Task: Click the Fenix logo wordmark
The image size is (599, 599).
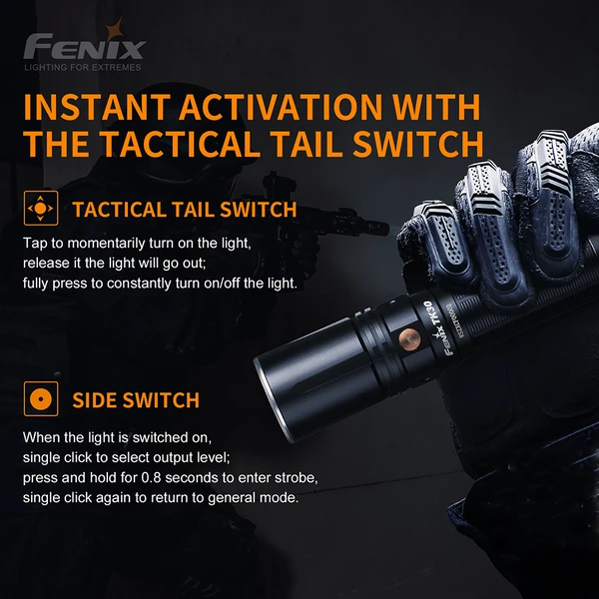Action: [x=85, y=47]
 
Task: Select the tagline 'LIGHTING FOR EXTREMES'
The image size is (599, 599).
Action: [x=83, y=68]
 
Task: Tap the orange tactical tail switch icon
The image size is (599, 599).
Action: [x=40, y=209]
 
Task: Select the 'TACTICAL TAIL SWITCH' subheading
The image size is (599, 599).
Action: [x=185, y=210]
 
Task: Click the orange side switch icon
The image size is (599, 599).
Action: [x=40, y=399]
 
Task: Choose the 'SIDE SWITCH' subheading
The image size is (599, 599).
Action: [x=136, y=400]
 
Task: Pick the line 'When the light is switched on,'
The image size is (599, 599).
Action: [x=118, y=437]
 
